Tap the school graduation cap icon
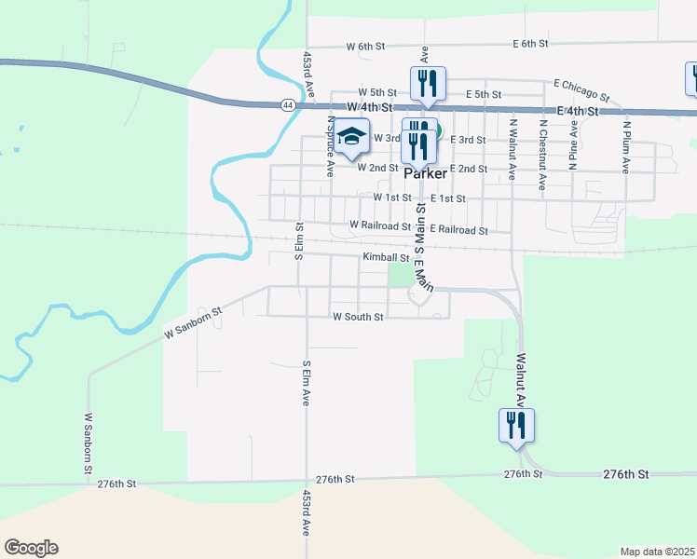point(352,137)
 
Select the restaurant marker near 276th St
point(516,426)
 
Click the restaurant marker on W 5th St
point(428,84)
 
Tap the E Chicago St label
point(581,89)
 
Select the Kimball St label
point(386,257)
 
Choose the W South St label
point(359,317)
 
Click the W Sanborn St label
point(194,323)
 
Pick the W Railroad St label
point(380,225)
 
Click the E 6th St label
point(530,44)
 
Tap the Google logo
point(31,548)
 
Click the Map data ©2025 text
point(657,552)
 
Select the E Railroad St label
point(458,229)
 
